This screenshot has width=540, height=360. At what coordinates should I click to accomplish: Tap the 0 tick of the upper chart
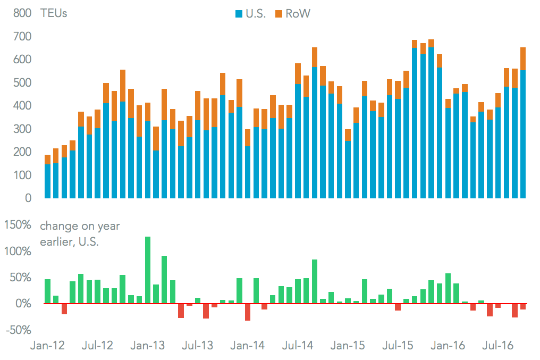pyautogui.click(x=28, y=198)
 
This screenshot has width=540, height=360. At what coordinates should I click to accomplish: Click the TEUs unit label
pyautogui.click(x=54, y=14)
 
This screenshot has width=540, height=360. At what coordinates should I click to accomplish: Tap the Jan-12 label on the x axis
pyautogui.click(x=47, y=346)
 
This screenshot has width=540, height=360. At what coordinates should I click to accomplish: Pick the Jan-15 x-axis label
pyautogui.click(x=348, y=346)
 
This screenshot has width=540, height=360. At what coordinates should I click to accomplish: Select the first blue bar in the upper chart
pyautogui.click(x=48, y=181)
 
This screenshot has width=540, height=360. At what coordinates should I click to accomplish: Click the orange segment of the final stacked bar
pyautogui.click(x=523, y=58)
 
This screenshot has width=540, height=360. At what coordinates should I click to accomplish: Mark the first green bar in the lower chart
pyautogui.click(x=48, y=291)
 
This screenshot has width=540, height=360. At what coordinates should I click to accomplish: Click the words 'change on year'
pyautogui.click(x=80, y=226)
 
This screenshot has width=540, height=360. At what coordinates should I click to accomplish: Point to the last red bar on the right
pyautogui.click(x=523, y=307)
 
